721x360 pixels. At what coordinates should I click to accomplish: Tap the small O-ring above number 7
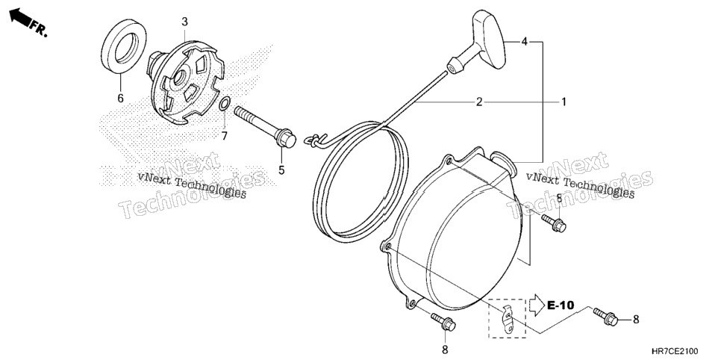(224, 104)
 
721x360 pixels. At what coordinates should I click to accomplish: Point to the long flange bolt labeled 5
(265, 127)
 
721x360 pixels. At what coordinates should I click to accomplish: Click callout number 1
(564, 102)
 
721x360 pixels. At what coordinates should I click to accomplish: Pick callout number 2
(479, 102)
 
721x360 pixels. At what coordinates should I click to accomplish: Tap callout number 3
(184, 21)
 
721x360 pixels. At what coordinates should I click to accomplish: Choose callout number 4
(524, 42)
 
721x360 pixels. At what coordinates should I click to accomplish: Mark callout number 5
(281, 170)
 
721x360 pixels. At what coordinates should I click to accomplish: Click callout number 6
(120, 98)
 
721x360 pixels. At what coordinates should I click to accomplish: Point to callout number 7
(225, 136)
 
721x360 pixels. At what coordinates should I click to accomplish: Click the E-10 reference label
(561, 305)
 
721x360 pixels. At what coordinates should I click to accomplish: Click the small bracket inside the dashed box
(508, 319)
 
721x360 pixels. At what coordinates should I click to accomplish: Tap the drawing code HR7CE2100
(686, 352)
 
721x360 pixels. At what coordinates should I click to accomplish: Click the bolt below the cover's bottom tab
(443, 322)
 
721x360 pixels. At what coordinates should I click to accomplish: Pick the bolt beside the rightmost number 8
(606, 316)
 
